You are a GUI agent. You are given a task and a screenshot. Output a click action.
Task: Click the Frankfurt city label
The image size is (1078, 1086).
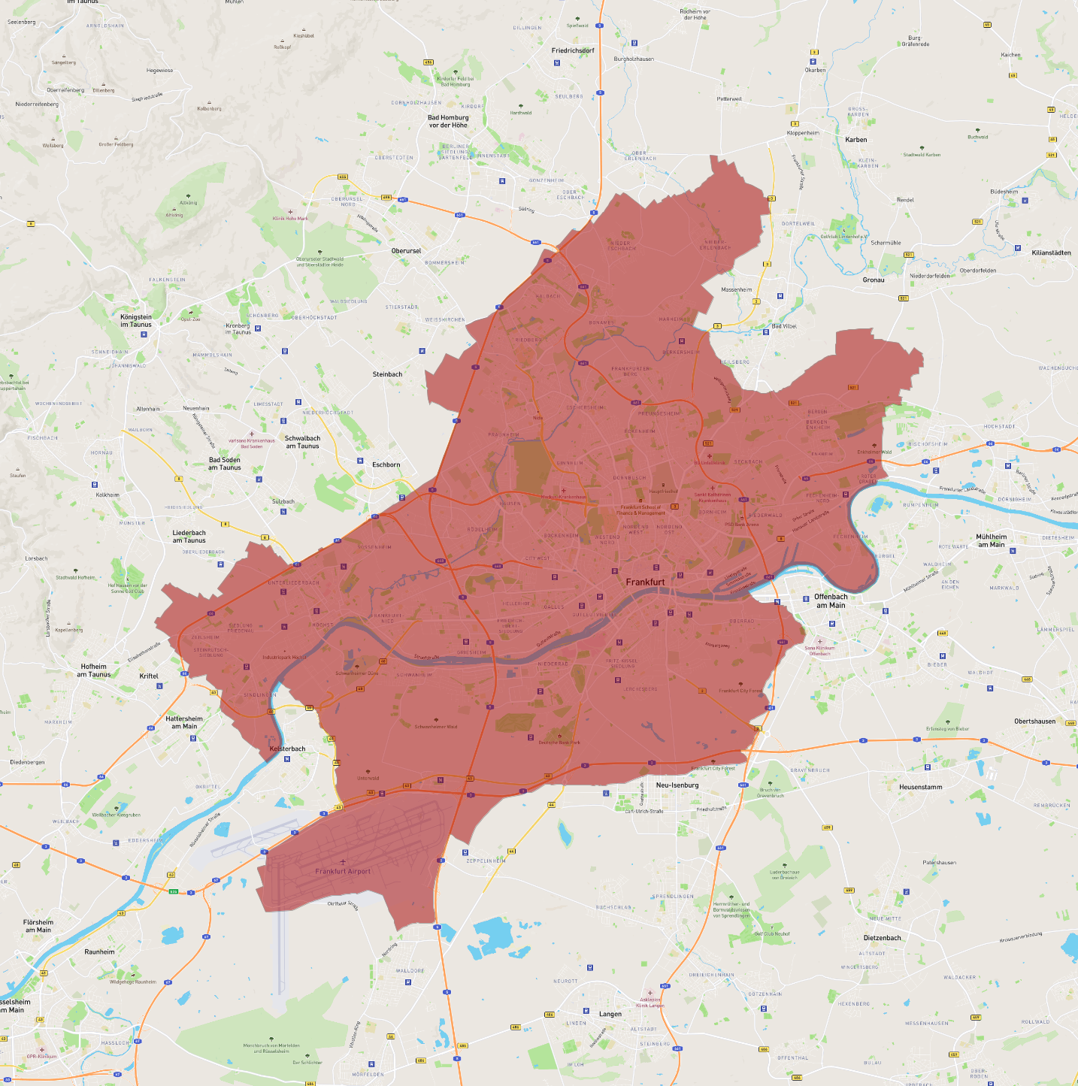(645, 582)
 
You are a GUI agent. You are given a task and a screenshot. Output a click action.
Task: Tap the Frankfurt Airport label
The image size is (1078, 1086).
(343, 871)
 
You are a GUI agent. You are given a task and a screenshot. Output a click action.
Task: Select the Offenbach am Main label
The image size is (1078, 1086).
(831, 600)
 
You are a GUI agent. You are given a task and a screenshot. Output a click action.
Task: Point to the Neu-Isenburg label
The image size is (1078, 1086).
(677, 785)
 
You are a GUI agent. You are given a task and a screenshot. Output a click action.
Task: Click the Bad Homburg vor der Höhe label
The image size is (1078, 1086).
(448, 121)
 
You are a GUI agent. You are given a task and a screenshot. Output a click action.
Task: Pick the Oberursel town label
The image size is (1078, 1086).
(406, 250)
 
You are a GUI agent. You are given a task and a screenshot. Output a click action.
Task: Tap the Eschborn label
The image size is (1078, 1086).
(386, 464)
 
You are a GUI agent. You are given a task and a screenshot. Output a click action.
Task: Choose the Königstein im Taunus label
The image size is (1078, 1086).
(136, 320)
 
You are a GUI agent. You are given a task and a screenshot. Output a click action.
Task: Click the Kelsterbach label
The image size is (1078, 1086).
(287, 749)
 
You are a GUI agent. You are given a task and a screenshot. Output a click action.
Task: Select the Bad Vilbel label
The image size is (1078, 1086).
(784, 326)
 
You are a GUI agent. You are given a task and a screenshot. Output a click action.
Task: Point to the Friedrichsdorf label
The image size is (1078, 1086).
(573, 50)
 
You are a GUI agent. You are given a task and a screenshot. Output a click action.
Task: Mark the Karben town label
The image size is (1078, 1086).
(855, 140)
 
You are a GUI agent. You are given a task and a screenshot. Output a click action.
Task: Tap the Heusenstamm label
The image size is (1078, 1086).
(920, 787)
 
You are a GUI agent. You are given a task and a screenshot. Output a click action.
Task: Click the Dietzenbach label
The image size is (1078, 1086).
(882, 938)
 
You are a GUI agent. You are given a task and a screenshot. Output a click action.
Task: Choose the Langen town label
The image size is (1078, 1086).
(610, 1014)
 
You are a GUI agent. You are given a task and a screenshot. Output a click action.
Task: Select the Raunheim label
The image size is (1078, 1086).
(99, 951)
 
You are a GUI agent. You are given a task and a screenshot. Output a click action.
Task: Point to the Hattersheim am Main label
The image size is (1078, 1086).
(184, 722)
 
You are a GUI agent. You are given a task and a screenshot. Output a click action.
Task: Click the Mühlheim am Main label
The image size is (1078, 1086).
(991, 540)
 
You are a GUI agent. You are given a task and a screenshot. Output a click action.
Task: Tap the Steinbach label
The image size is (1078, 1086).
(387, 374)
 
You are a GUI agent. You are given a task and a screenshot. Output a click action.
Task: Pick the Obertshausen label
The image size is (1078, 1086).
(1034, 721)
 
